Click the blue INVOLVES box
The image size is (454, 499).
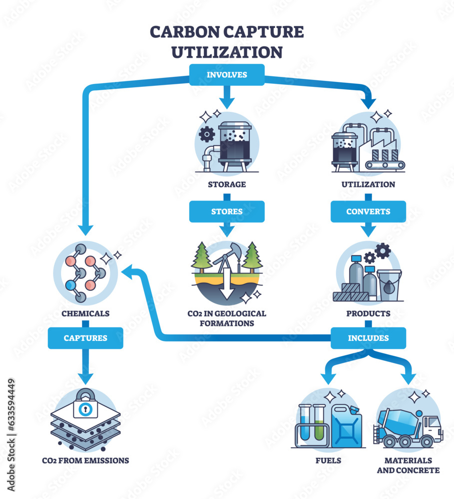click(227, 75)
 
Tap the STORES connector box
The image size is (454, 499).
click(227, 211)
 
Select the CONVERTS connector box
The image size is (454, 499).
click(368, 211)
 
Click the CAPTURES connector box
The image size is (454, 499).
click(85, 338)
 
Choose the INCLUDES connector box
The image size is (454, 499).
click(368, 338)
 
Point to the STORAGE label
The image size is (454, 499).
click(227, 184)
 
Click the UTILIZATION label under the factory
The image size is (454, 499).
click(368, 184)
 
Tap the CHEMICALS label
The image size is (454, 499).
click(85, 313)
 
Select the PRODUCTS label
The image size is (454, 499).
click(368, 313)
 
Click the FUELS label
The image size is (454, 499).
click(329, 460)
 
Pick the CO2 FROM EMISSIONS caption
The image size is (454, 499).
click(85, 460)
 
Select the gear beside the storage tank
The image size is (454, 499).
click(206, 134)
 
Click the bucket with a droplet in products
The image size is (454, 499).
click(388, 286)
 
